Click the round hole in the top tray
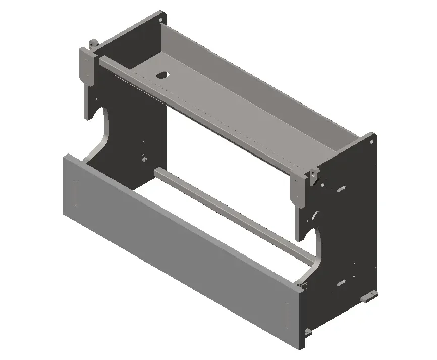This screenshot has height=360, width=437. coord(162,75)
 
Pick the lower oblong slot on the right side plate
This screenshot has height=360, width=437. coord(342,282)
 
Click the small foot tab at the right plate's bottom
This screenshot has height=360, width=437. coord(370,296)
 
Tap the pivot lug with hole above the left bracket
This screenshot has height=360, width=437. coord(92,44)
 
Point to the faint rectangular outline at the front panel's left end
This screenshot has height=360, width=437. coord(76,194)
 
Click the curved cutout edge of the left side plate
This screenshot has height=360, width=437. coord(104,132)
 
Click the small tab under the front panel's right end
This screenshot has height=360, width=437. coord(306,332)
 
